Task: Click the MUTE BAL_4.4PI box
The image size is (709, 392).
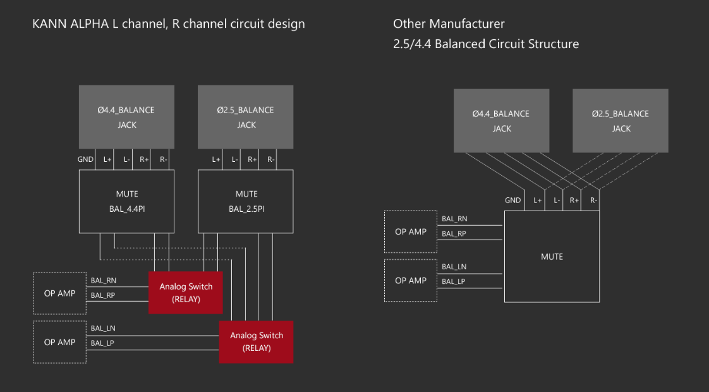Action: point(126,201)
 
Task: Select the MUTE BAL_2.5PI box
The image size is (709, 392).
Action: point(246,201)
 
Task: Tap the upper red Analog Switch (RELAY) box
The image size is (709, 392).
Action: point(186,293)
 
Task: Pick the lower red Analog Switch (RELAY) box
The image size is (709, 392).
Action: point(256,341)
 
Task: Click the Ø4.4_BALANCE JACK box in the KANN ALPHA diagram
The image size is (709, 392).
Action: point(126,117)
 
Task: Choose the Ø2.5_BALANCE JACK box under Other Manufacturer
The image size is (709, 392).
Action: point(621,121)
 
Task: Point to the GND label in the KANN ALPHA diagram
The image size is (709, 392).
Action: point(86,160)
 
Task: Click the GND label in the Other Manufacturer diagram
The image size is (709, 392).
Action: point(513,200)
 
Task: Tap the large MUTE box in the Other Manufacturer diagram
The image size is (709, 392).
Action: point(552,257)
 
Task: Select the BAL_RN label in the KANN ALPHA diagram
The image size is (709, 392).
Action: point(103,280)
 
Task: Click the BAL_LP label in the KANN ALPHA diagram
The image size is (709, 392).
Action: point(102,343)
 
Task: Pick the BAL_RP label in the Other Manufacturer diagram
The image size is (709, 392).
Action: point(454,234)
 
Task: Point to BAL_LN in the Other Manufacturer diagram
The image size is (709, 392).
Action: point(454,267)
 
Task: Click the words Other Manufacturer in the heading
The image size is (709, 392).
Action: point(449,24)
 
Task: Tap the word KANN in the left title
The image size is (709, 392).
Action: point(47,24)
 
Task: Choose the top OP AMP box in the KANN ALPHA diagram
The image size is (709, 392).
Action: point(59,293)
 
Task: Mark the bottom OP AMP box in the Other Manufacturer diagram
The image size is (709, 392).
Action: point(410,280)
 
